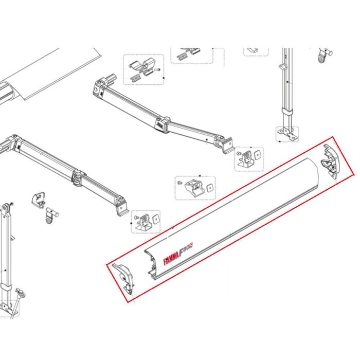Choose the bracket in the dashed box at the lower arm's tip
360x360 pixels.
coord(146,221)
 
